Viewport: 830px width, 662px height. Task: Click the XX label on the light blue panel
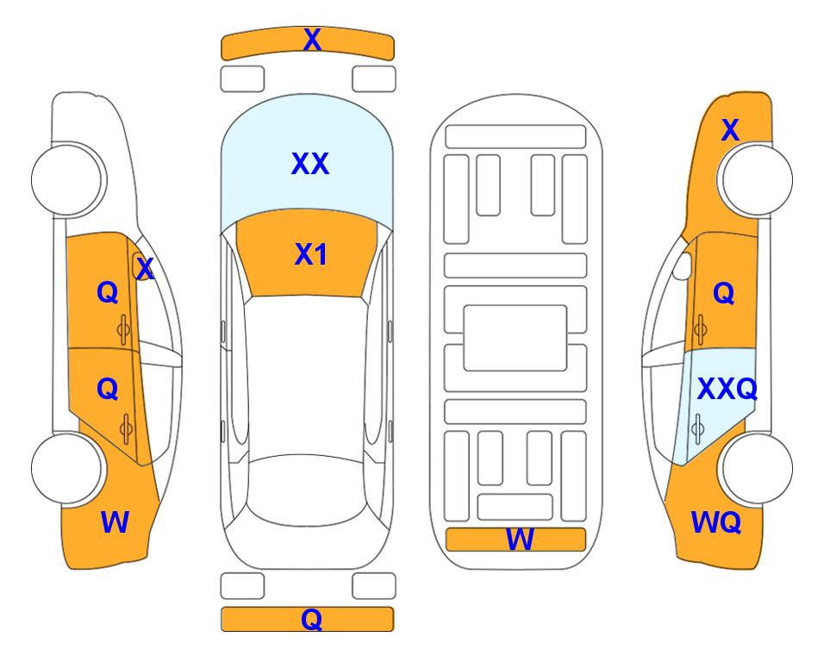pos(310,164)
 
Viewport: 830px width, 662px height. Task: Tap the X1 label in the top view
pos(311,254)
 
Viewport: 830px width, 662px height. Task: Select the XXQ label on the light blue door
pos(727,390)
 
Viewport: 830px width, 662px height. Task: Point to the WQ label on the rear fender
pos(716,522)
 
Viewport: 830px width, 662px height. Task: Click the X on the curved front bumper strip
pos(312,40)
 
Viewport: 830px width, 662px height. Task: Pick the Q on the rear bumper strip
pos(312,619)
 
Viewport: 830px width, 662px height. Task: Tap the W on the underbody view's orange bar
pos(520,540)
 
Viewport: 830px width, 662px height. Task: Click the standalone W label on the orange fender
pos(115,522)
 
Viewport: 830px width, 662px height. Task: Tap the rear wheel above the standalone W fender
pos(66,468)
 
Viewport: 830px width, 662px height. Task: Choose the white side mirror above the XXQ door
pos(682,265)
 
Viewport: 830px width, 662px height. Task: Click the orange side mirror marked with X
pos(140,265)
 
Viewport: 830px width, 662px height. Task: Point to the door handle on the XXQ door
pos(698,429)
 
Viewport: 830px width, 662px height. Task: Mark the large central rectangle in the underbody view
pos(515,338)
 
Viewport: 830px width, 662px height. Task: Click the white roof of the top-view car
pos(306,376)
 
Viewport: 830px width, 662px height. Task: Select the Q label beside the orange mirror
pos(108,292)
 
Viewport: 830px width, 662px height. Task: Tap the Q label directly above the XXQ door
pos(724,292)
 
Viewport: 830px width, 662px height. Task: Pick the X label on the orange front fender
pos(730,130)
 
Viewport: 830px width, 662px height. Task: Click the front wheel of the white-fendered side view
pos(66,180)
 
